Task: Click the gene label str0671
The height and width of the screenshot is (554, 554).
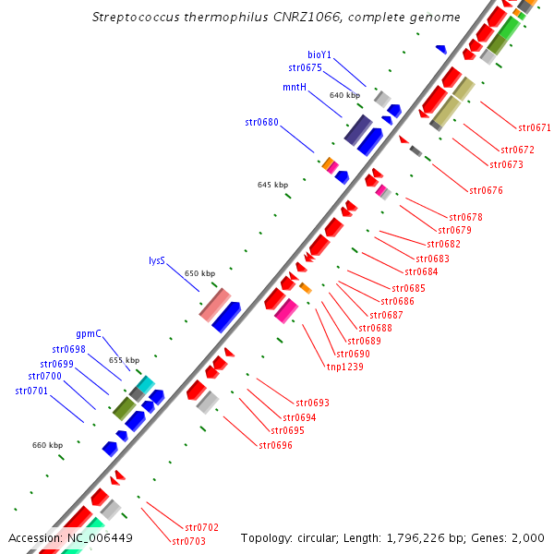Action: (535, 127)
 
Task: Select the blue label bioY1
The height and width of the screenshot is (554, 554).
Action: (319, 54)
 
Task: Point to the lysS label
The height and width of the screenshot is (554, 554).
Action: (157, 260)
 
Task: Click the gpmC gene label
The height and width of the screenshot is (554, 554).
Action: (89, 333)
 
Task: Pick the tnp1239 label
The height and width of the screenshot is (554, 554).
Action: (344, 366)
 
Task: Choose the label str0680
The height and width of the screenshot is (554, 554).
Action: (261, 121)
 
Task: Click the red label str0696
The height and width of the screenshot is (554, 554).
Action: (275, 445)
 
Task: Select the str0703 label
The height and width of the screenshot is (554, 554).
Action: (188, 540)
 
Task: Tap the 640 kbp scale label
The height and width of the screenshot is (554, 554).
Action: (343, 96)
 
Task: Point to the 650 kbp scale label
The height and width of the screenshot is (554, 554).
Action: (199, 273)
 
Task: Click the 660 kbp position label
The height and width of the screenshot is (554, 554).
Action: (47, 445)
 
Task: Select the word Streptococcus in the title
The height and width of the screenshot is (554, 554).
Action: (136, 18)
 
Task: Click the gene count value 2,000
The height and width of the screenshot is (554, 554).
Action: (528, 537)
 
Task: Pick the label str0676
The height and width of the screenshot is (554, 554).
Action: (486, 190)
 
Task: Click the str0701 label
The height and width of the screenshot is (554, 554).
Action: (32, 391)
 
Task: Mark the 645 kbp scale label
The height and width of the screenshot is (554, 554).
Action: (271, 186)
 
